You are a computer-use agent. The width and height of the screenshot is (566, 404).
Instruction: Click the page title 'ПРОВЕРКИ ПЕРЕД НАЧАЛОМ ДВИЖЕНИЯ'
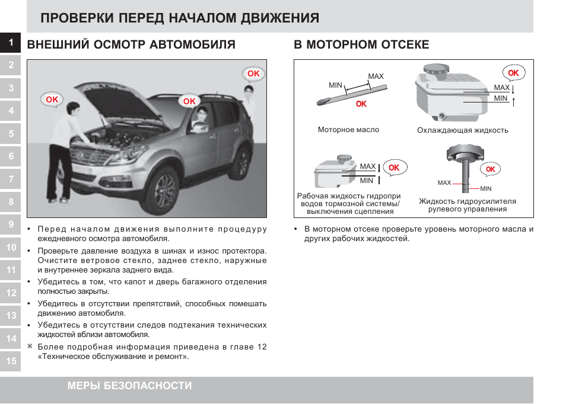click(x=180, y=18)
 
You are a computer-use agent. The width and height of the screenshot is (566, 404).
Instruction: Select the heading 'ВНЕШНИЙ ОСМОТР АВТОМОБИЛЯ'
click(x=132, y=45)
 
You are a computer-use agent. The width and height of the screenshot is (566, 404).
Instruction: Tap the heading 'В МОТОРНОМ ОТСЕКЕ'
click(x=361, y=45)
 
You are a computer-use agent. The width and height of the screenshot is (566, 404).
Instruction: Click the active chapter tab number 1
click(x=11, y=42)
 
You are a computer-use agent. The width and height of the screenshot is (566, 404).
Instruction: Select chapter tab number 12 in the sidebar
click(x=11, y=293)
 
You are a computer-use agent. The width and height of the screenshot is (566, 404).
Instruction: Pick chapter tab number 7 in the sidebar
click(x=11, y=179)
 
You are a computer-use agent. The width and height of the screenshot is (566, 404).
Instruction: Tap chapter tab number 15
click(x=11, y=360)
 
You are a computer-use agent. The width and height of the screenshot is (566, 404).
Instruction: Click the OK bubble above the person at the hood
click(x=52, y=100)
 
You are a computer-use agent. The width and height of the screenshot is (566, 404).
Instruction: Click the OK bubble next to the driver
click(x=189, y=101)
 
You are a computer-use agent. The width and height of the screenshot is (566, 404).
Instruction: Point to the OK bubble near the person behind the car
click(x=253, y=74)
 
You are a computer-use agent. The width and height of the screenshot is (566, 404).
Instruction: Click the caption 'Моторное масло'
click(x=348, y=130)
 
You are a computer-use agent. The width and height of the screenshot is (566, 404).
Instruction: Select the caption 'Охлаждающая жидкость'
click(x=462, y=130)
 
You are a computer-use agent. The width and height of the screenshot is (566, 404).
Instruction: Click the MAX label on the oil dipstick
click(x=376, y=76)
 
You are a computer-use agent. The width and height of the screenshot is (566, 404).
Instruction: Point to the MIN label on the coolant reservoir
click(x=501, y=98)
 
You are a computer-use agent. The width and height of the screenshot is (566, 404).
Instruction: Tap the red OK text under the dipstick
click(x=361, y=104)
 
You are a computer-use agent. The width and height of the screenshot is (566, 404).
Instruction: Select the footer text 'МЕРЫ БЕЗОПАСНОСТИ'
click(x=129, y=386)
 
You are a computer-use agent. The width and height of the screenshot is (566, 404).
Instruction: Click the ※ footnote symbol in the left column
click(x=30, y=346)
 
